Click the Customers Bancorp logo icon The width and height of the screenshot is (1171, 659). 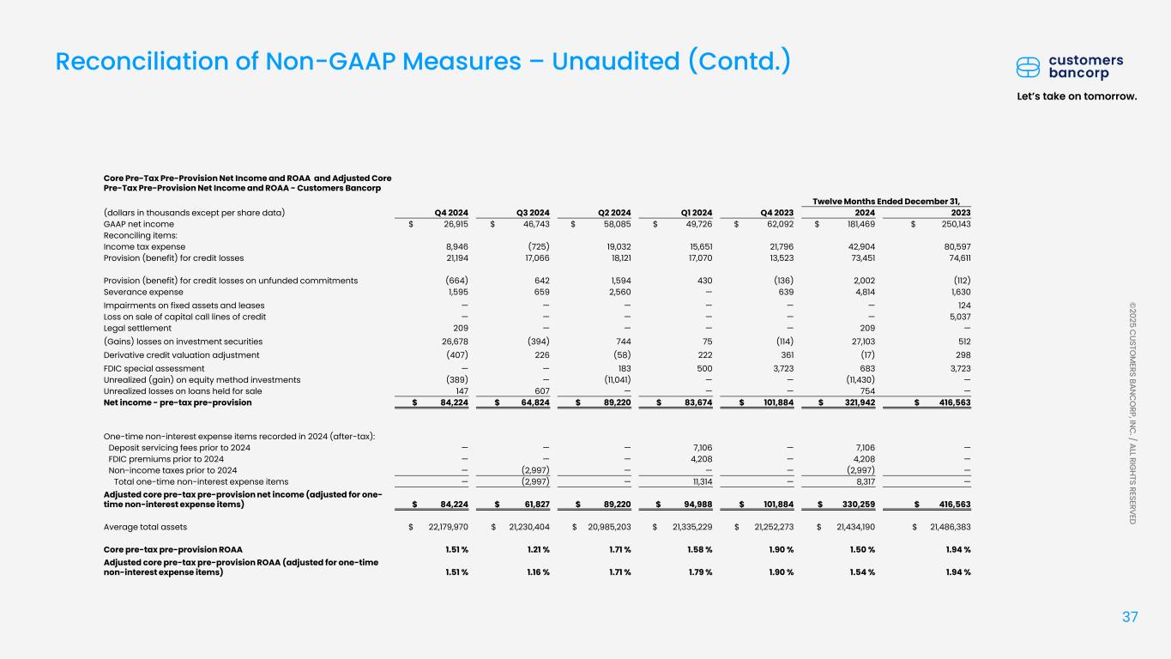point(1029,67)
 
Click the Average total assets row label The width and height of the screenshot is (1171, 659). point(146,526)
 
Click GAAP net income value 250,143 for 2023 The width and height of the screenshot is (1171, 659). point(951,224)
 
